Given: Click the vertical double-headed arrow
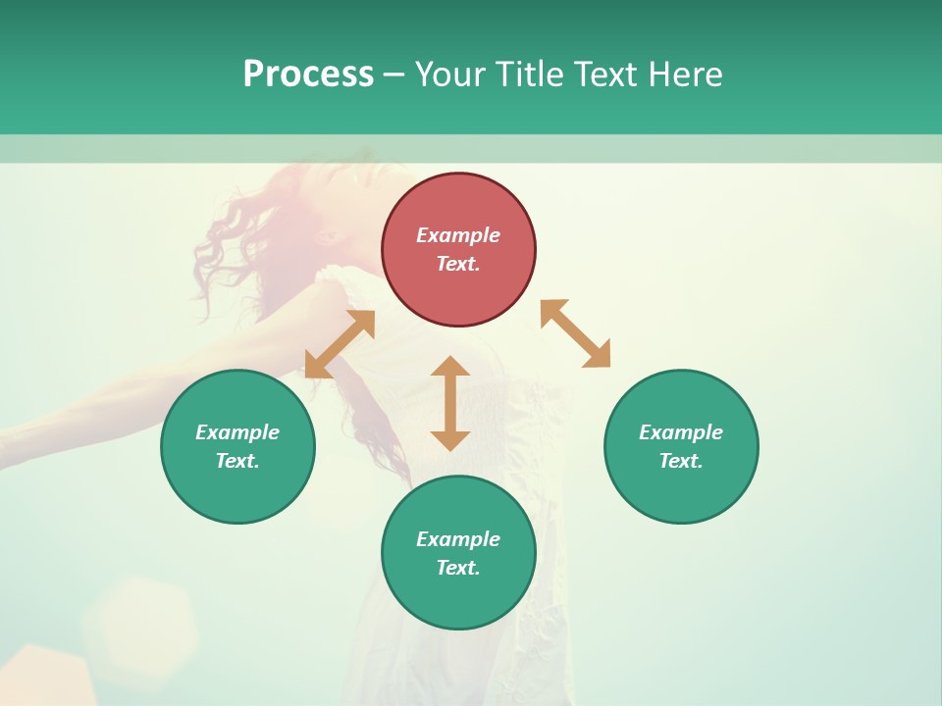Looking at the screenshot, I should click(450, 403).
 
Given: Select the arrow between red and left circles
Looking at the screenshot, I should click(340, 344).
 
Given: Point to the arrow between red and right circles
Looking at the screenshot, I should click(575, 333).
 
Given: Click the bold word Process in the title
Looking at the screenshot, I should click(308, 75).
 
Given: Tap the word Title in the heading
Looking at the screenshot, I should click(530, 75).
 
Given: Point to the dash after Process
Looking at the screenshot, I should click(394, 76).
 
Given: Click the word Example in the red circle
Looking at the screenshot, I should click(458, 235).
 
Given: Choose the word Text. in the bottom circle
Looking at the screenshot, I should click(458, 568).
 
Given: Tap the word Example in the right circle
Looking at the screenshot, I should click(681, 432).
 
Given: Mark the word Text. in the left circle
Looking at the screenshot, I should click(237, 461).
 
